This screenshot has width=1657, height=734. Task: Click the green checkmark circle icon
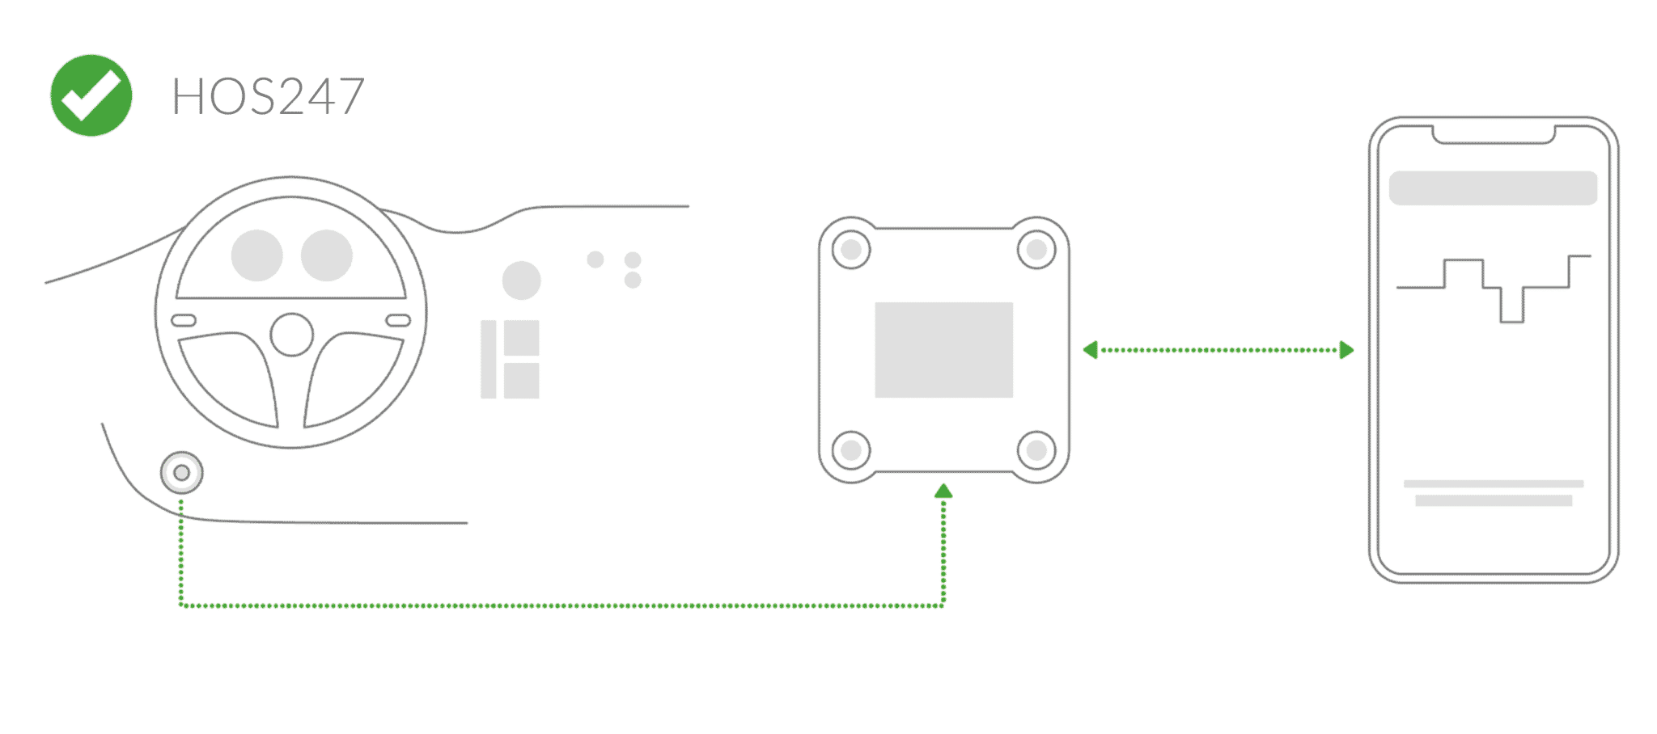[x=91, y=95]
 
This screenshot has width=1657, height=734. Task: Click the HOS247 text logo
[x=268, y=98]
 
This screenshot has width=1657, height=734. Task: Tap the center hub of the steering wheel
[x=291, y=335]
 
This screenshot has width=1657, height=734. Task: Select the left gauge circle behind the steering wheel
[x=257, y=255]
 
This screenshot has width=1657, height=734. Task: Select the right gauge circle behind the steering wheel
[x=327, y=255]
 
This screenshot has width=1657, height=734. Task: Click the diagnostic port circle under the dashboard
[x=182, y=472]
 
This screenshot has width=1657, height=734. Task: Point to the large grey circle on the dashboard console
[x=522, y=280]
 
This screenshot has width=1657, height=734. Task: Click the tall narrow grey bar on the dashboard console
[x=488, y=359]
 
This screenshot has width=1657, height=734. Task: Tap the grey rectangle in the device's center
[x=943, y=350]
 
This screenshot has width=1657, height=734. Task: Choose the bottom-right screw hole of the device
[x=1036, y=449]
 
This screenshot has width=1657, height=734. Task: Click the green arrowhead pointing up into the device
[x=943, y=491]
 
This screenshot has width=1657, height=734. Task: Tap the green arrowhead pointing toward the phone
[x=1346, y=350]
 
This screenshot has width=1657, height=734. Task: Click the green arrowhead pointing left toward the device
[x=1091, y=350]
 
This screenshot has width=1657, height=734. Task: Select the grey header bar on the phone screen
[x=1493, y=188]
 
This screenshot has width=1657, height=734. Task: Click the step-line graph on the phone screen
[x=1494, y=289]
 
